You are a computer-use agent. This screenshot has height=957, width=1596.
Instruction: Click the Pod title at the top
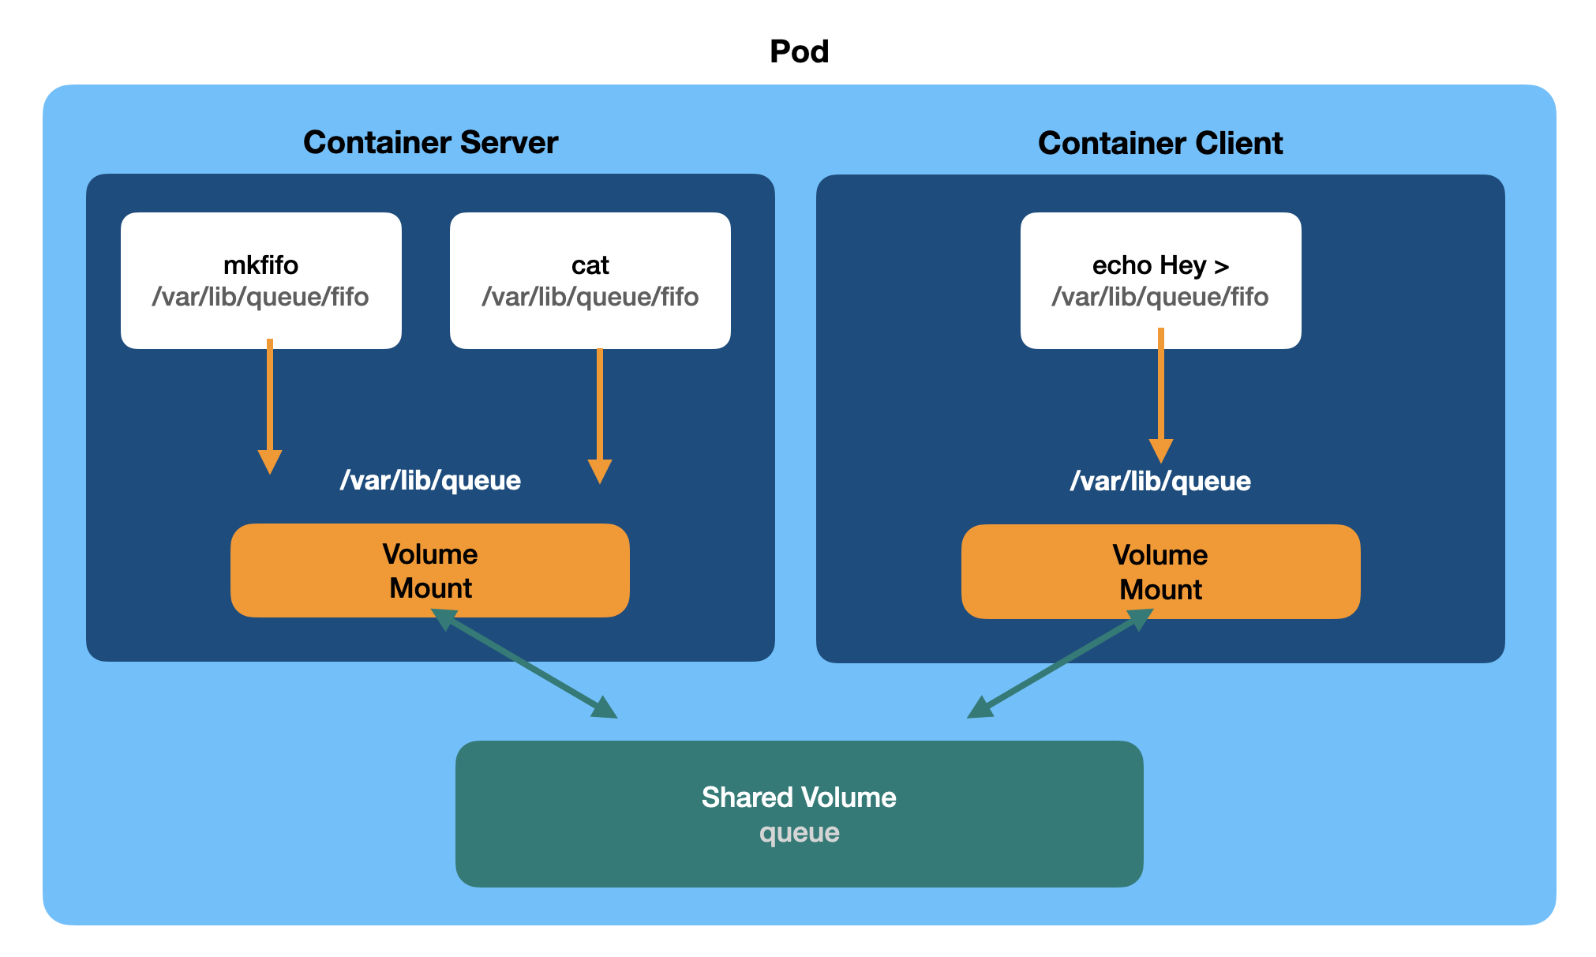(799, 52)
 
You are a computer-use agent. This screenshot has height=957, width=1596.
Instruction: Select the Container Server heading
(430, 143)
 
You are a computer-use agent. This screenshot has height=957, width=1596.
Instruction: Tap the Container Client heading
(1160, 144)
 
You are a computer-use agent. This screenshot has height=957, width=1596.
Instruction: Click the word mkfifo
(260, 265)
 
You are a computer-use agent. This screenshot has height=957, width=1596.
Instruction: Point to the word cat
(590, 265)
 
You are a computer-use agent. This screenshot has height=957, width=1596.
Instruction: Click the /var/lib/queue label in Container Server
(430, 481)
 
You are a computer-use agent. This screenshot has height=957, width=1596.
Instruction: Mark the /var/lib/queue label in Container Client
(1160, 482)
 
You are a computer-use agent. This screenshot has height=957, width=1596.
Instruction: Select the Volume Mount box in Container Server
(430, 571)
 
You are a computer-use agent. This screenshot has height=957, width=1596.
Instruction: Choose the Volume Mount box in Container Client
(1160, 572)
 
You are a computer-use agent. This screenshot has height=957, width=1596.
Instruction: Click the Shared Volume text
(799, 797)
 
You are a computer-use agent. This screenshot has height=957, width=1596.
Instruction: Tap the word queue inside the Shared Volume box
(799, 833)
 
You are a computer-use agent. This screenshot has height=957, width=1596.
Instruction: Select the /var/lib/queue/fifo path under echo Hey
(1160, 297)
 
